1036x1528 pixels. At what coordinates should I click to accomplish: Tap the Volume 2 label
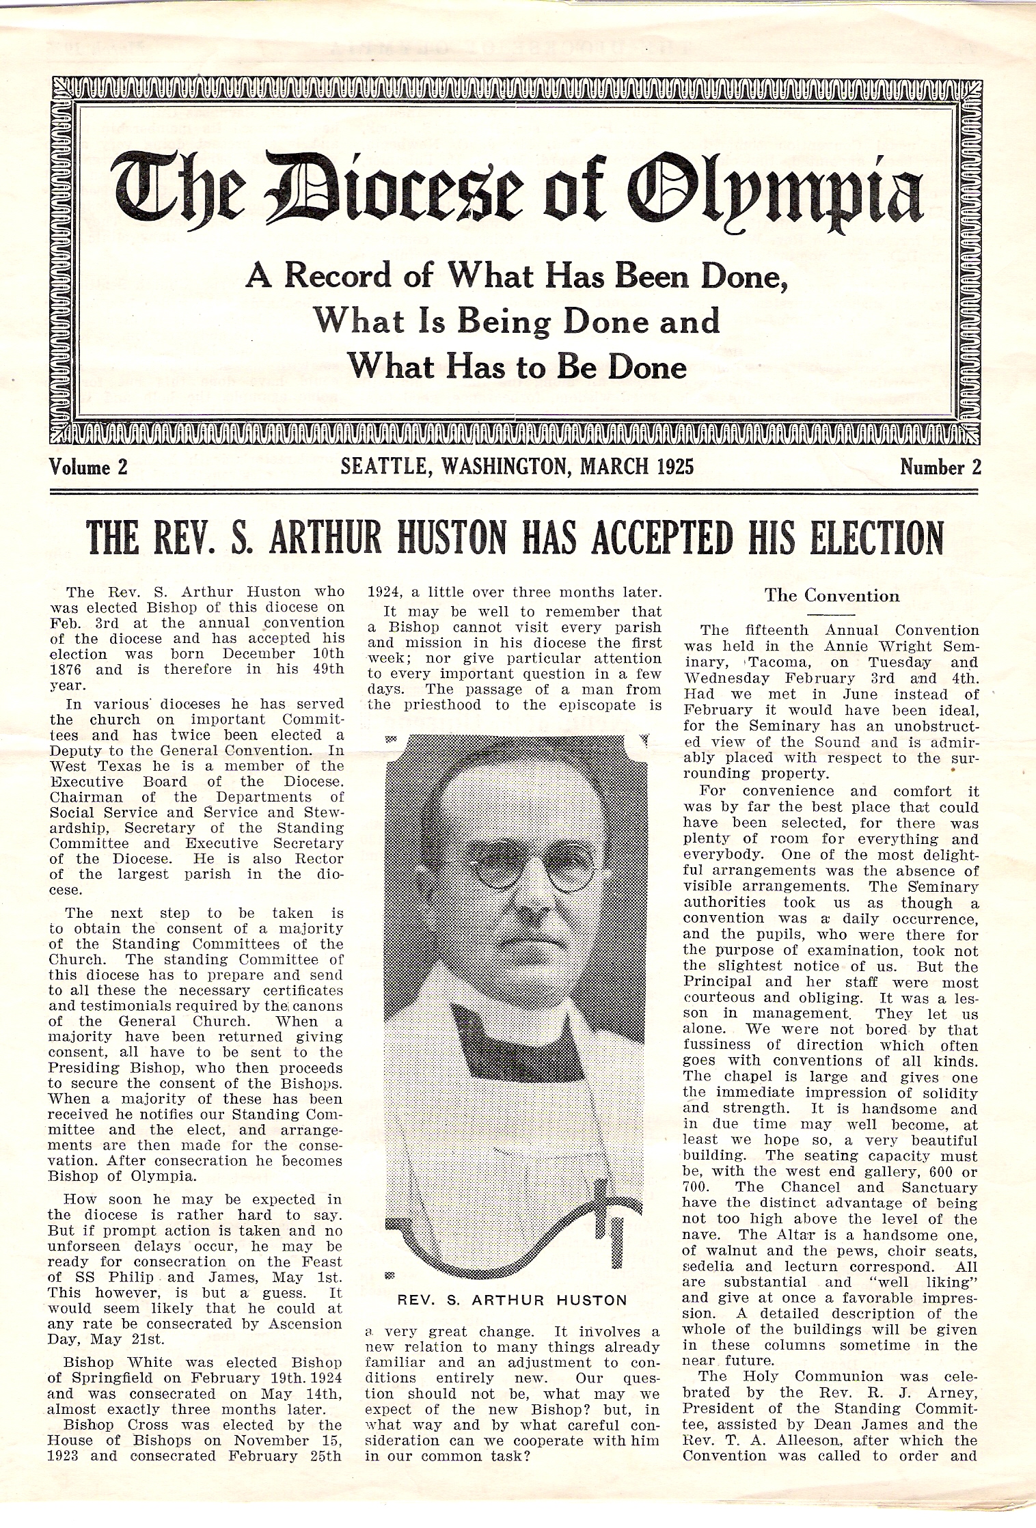click(89, 467)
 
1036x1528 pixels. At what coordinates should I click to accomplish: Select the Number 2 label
click(940, 467)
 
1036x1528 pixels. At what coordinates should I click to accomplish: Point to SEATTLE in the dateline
click(383, 466)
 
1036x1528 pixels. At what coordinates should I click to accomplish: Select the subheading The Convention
click(832, 595)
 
